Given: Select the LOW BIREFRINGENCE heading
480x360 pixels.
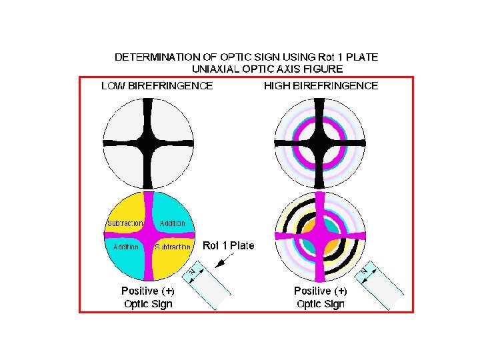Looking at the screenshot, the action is (157, 85).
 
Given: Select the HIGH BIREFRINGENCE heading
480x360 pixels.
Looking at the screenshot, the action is (321, 85).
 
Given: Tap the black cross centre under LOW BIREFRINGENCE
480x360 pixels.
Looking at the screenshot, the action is (148, 143).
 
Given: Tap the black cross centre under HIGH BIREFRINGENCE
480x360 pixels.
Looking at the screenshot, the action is (321, 143).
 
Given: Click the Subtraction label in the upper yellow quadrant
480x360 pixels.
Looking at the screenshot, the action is (125, 223).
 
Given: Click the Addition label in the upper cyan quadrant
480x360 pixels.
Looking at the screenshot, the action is (173, 223).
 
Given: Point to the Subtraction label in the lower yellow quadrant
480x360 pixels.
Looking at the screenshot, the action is (173, 247).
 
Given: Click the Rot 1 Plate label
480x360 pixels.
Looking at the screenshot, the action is (229, 245).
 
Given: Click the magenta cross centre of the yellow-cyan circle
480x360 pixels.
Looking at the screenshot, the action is (148, 236).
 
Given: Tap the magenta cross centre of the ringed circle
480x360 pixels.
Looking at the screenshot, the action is (321, 236).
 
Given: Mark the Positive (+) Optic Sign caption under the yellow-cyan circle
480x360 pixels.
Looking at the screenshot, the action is (147, 297).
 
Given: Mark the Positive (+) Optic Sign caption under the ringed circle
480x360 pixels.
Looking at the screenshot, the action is (321, 297).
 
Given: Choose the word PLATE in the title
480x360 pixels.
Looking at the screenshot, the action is (365, 57).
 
